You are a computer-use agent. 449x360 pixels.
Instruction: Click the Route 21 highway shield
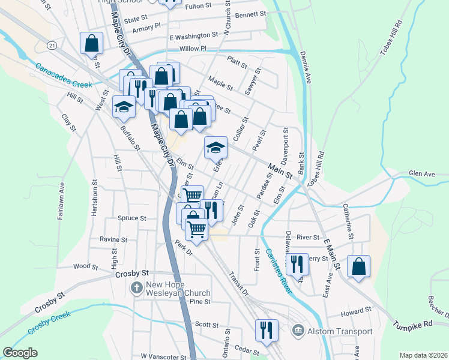click(x=52, y=46)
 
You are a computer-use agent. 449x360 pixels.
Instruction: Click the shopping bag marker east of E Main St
click(x=358, y=266)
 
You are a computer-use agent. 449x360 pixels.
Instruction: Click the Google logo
click(x=20, y=353)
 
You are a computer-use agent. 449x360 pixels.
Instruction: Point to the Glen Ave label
click(x=421, y=174)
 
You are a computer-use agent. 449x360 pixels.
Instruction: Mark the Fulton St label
click(x=199, y=6)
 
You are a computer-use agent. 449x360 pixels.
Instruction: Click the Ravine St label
click(x=113, y=239)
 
